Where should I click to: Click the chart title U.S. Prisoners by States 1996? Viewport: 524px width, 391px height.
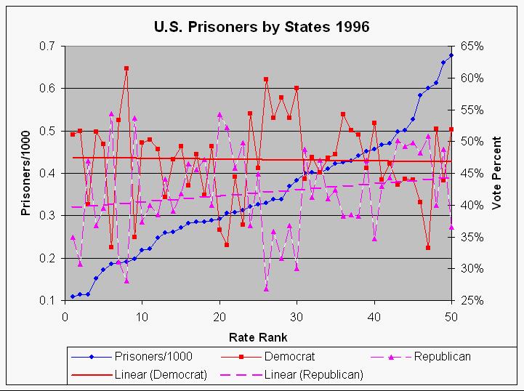262,27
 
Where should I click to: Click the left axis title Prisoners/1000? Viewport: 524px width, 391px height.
25,173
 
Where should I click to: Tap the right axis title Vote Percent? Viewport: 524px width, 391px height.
497,173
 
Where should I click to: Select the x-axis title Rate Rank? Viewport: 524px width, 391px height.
258,337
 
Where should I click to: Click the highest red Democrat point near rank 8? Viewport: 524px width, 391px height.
126,68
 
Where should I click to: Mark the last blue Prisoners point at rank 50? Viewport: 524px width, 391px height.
451,55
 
